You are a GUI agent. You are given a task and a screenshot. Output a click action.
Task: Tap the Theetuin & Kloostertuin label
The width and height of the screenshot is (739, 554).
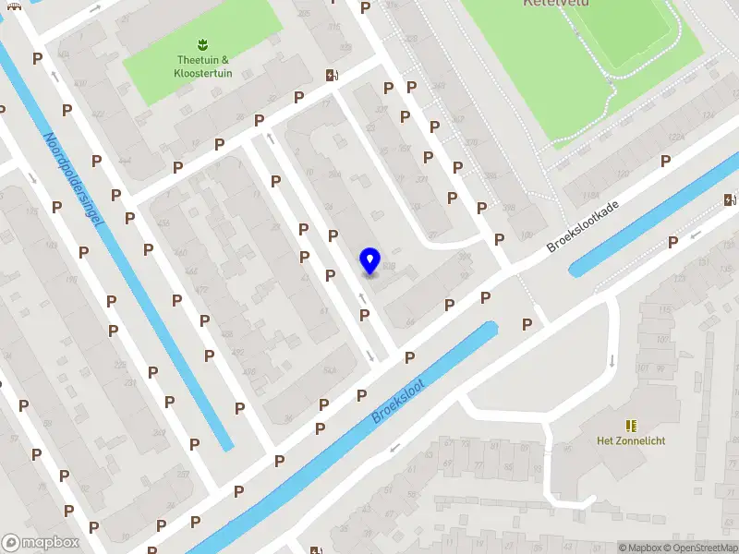(204, 66)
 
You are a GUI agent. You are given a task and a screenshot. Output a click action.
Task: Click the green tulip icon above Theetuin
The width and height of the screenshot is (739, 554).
(201, 44)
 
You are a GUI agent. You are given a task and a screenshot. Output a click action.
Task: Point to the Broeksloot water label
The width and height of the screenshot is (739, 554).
(398, 401)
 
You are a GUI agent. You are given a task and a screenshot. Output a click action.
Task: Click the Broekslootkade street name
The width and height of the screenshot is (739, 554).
(581, 227)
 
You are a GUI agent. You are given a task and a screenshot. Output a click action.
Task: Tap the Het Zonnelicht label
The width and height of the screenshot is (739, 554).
(631, 440)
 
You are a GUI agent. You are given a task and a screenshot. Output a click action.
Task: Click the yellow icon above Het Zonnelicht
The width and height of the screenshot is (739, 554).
(631, 425)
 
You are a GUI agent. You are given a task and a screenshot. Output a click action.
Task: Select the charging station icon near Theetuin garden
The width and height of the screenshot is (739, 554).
(331, 76)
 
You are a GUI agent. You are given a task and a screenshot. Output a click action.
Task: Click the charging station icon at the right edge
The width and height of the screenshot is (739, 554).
(731, 199)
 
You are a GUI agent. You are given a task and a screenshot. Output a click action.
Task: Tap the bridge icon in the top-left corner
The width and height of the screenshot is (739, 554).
(13, 5)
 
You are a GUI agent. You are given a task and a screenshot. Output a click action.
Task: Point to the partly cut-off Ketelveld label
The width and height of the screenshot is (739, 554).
(555, 4)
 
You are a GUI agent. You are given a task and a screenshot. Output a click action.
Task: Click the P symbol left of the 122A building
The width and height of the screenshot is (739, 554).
(665, 161)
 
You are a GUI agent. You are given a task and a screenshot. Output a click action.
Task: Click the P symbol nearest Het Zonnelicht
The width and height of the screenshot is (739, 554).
(527, 324)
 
